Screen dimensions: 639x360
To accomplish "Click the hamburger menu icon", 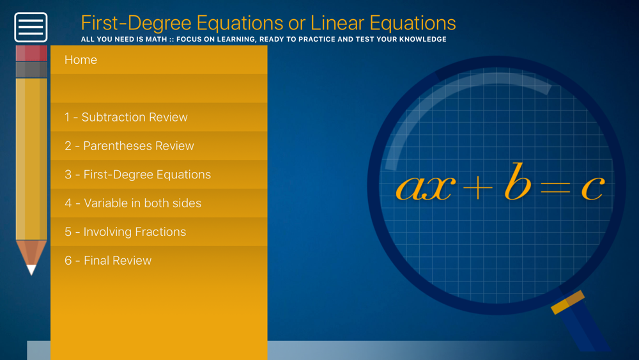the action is (31, 27).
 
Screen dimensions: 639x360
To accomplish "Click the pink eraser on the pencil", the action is (31, 54).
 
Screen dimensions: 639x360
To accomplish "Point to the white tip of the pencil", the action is (31, 269).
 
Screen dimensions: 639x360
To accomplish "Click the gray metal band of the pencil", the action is (31, 70).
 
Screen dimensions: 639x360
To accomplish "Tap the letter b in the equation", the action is (518, 182).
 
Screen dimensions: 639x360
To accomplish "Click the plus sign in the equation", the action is (477, 187).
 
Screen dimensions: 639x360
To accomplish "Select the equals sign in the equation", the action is (555, 187).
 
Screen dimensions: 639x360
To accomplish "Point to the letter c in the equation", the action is (592, 188).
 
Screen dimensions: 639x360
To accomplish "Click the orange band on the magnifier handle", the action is (567, 302).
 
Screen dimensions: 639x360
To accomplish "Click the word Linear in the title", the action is (337, 23).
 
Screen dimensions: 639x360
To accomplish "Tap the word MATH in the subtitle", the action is (157, 39).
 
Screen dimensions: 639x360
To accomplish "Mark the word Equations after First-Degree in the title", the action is (240, 24).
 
